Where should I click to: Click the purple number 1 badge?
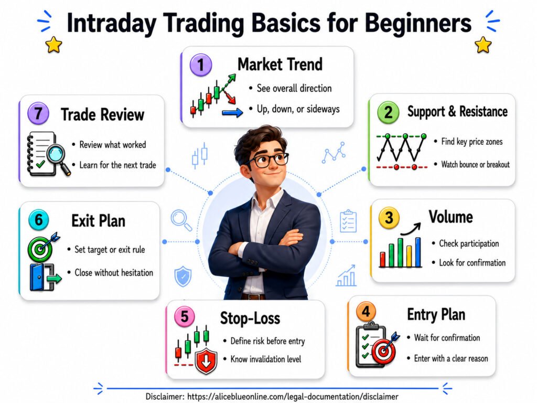[x=201, y=65]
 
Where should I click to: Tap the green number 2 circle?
[x=388, y=112]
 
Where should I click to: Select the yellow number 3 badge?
[x=389, y=218]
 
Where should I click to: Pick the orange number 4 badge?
[x=366, y=312]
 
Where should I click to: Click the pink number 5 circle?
[x=185, y=316]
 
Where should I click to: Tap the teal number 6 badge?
[x=39, y=220]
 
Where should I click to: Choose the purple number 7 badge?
[x=38, y=113]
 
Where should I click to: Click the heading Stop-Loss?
[x=250, y=318]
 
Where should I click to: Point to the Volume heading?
[x=450, y=217]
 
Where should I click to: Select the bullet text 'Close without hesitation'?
[x=114, y=273]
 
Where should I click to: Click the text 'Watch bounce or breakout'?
[x=475, y=164]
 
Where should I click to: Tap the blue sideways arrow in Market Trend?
[x=232, y=112]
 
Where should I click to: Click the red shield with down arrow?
[x=206, y=361]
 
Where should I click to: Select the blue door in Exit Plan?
[x=37, y=277]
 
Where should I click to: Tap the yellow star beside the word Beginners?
[x=483, y=45]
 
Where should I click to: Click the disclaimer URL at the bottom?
[x=293, y=397]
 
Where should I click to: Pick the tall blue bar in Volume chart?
[x=418, y=252]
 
